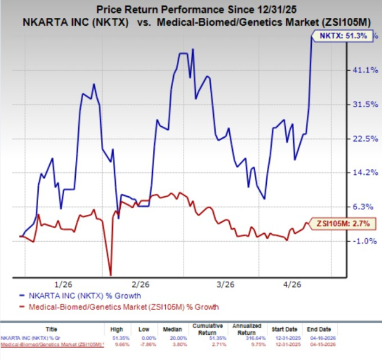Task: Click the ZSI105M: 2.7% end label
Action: [x=346, y=224]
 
